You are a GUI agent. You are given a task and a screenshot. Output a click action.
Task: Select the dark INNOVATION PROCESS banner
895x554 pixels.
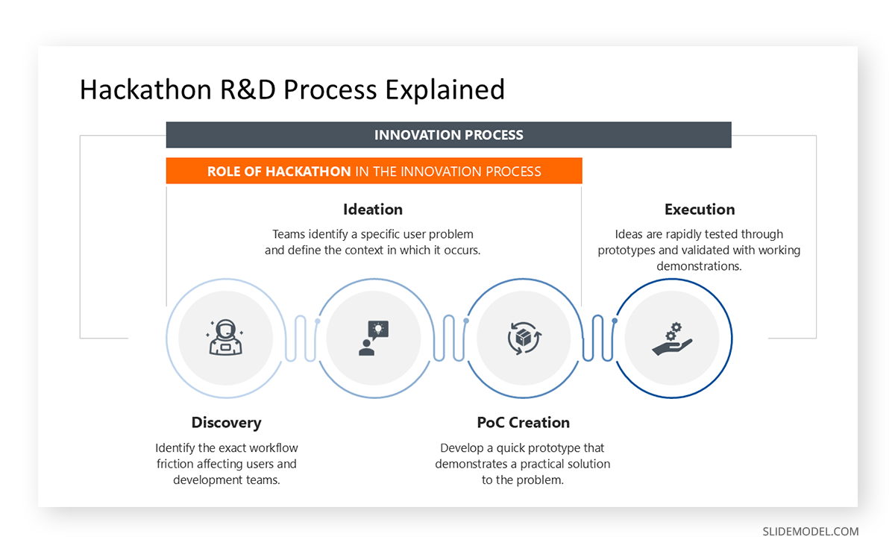click(448, 135)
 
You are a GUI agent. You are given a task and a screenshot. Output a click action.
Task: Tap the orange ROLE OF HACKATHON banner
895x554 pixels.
click(374, 171)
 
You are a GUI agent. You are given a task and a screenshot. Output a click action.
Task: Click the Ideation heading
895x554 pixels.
click(373, 210)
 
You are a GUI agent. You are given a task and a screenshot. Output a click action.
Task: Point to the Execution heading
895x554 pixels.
click(700, 210)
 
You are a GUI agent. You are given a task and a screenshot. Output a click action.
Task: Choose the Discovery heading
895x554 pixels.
click(226, 423)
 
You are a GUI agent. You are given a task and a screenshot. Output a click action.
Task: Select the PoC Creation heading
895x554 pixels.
click(523, 423)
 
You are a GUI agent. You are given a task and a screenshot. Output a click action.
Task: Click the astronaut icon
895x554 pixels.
click(225, 338)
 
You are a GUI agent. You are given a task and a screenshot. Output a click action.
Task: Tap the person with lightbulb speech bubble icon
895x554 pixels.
click(374, 338)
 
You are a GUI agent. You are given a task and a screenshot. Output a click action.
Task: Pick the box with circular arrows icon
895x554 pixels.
click(524, 338)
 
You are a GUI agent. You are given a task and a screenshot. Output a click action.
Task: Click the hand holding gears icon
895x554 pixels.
click(671, 338)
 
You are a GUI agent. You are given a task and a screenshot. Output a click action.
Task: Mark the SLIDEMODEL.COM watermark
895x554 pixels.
click(810, 532)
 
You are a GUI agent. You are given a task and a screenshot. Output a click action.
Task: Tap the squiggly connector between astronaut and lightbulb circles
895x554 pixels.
click(300, 338)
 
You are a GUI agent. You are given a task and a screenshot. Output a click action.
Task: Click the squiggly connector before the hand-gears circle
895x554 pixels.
click(597, 338)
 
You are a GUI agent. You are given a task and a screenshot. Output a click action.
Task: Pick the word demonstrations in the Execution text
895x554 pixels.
click(699, 266)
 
